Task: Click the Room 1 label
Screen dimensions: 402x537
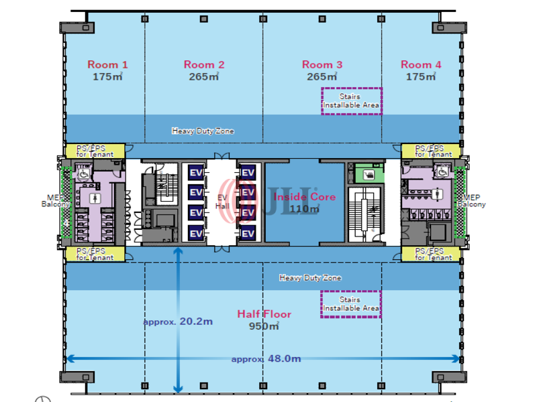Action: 107,65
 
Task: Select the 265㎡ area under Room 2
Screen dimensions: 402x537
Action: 204,77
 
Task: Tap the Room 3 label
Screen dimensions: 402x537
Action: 322,65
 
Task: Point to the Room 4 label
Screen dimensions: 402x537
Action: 421,65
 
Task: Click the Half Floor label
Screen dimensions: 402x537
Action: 264,314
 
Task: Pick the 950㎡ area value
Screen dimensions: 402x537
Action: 264,326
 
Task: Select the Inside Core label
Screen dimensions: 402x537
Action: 295,197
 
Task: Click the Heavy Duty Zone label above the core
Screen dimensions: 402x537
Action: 203,131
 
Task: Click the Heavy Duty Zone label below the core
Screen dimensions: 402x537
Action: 310,277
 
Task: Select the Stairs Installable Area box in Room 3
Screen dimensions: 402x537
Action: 351,101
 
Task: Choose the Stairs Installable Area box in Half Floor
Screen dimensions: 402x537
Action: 351,304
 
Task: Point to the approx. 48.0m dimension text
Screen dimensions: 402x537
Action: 266,359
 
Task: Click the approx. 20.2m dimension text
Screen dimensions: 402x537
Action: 178,322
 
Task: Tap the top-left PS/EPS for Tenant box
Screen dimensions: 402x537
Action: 95,151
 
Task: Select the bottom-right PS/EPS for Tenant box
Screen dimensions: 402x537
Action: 433,254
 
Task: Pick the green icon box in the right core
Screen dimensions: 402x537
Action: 367,176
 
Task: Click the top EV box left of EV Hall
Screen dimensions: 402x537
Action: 196,172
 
